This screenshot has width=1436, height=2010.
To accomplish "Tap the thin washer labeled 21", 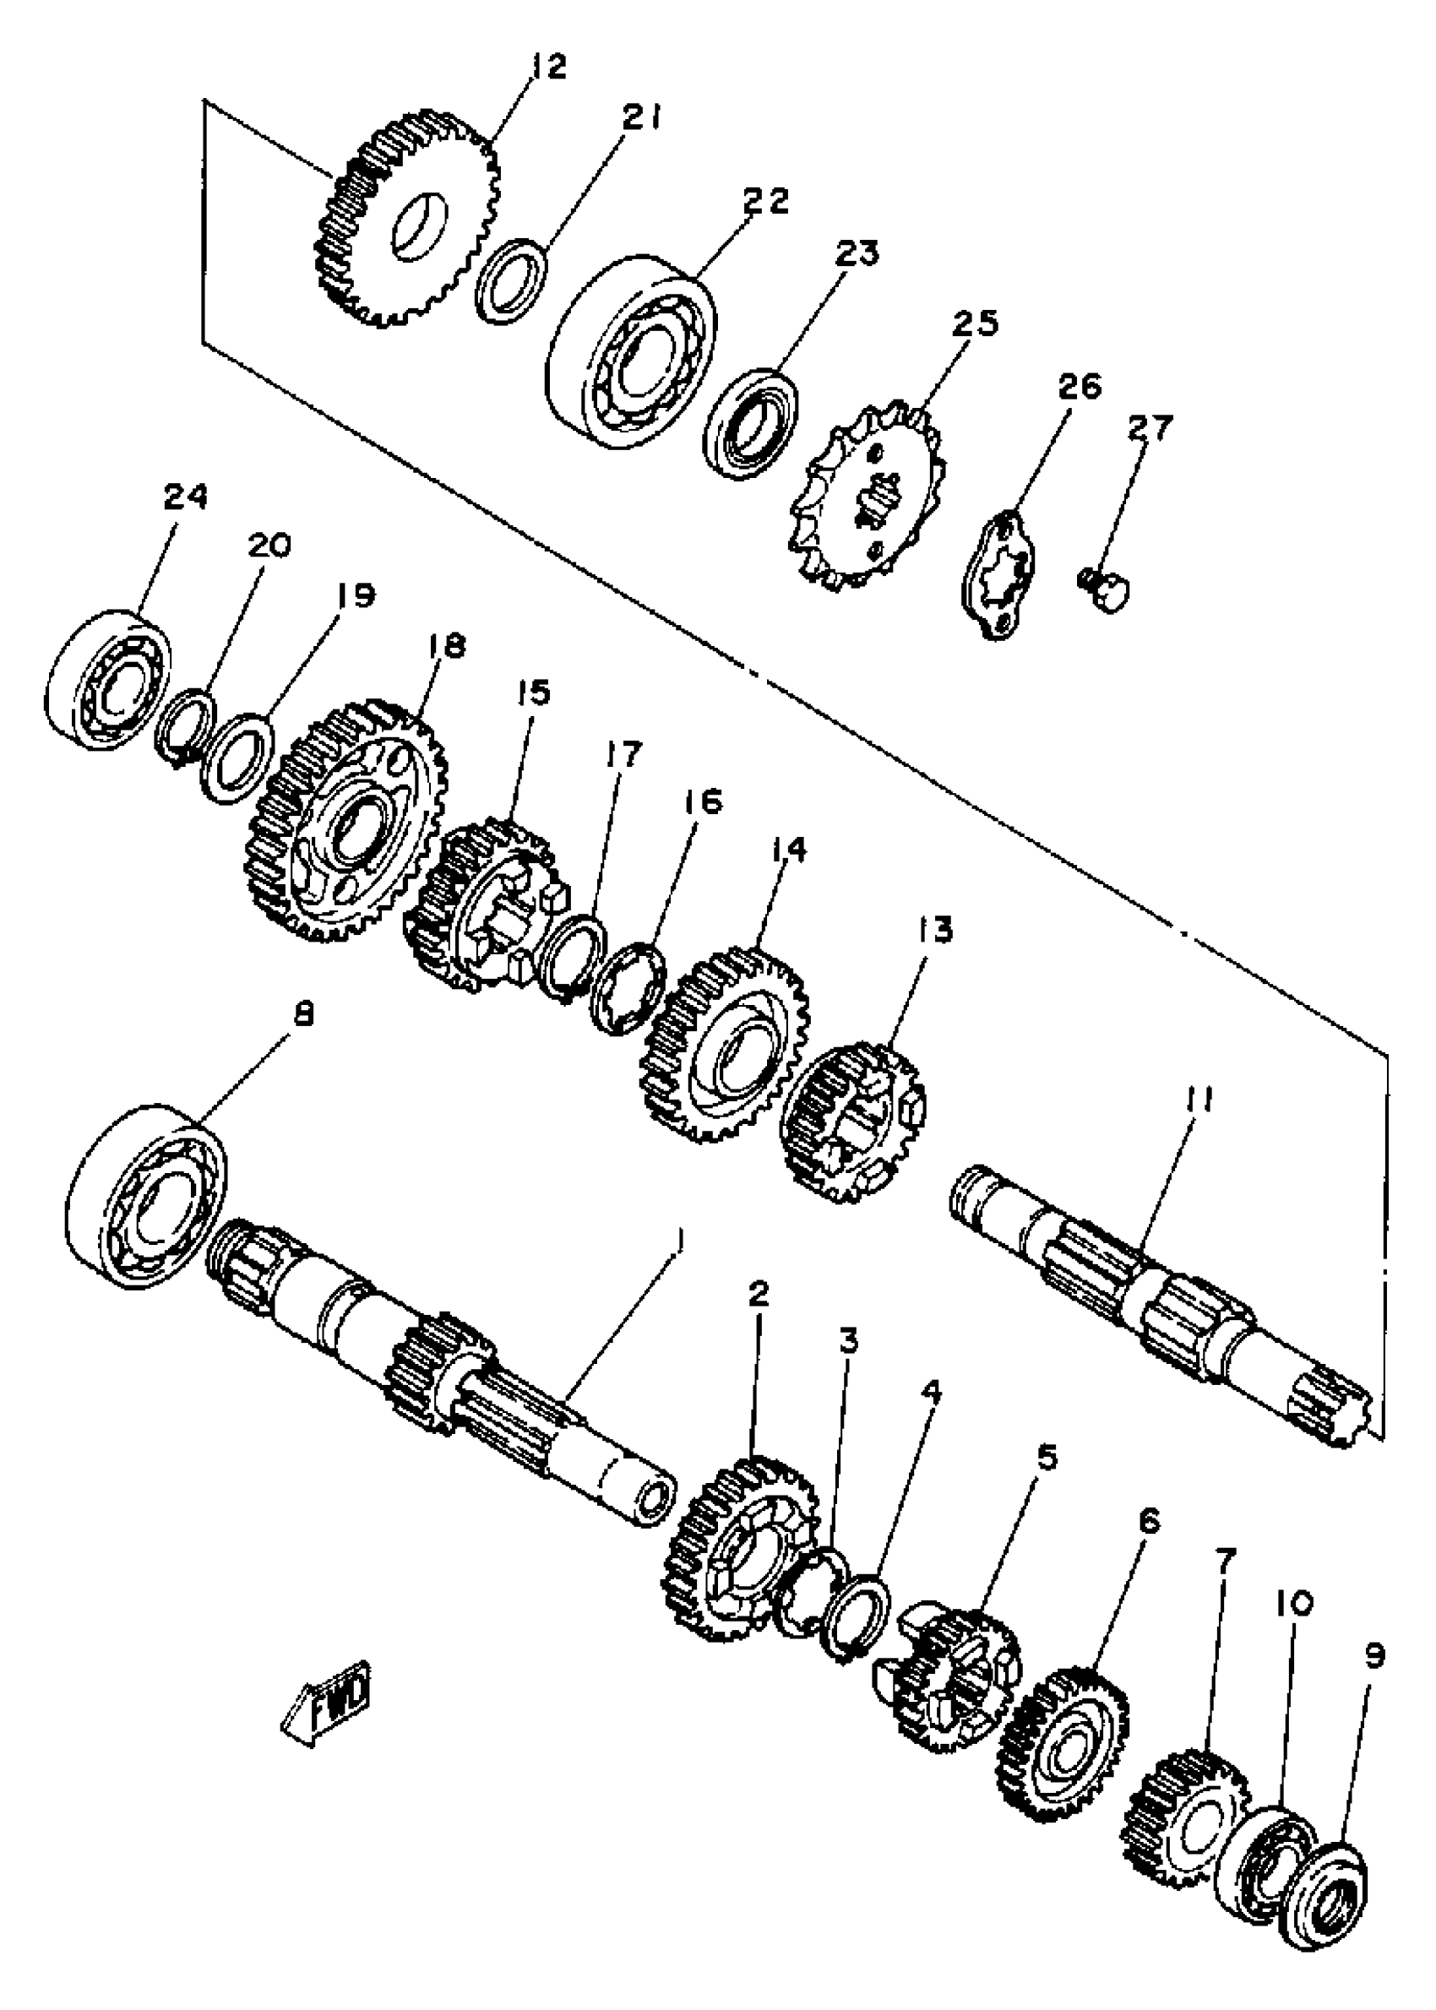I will point(510,280).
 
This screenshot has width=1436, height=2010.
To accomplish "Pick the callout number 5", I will point(1046,1457).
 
